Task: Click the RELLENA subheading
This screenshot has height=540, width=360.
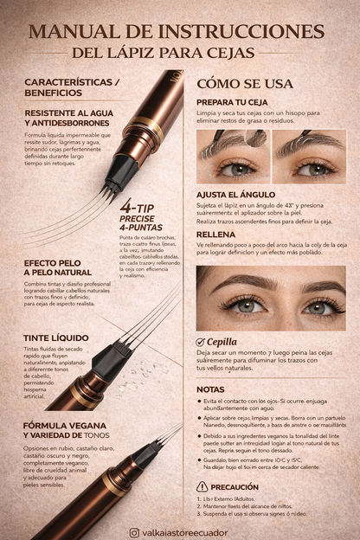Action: click(216, 234)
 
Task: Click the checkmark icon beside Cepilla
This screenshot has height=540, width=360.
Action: click(202, 342)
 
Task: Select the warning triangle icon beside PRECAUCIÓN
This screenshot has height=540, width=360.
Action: click(202, 486)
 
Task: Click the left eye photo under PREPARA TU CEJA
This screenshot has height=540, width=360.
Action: click(234, 157)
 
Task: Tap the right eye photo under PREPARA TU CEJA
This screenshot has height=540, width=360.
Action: click(309, 157)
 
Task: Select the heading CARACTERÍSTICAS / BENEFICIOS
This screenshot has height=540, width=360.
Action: click(72, 87)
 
